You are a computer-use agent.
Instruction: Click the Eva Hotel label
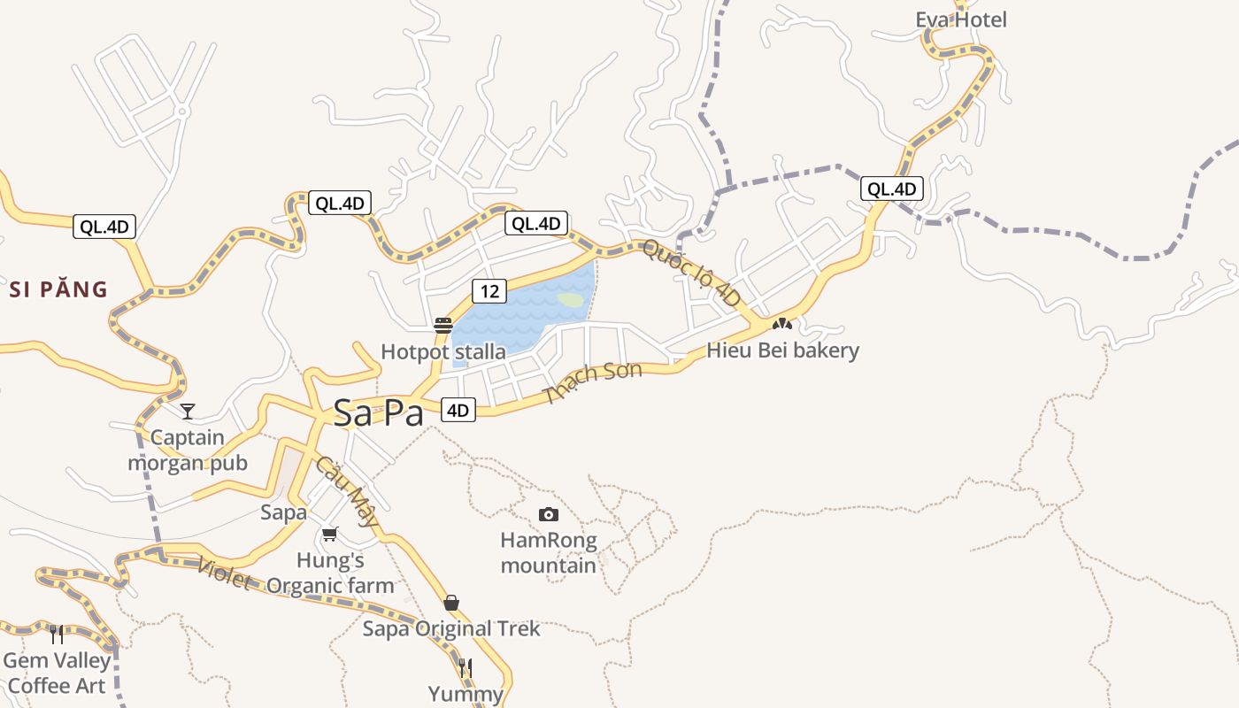(x=960, y=19)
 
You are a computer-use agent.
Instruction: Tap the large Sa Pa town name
(x=379, y=413)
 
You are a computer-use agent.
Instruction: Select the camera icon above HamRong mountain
(x=549, y=514)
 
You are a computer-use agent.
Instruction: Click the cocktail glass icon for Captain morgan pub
(x=188, y=411)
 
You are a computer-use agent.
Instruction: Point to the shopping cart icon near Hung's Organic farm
(x=330, y=534)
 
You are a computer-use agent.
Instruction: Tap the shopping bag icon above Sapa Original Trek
(x=451, y=603)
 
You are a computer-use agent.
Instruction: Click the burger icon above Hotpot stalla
(x=443, y=326)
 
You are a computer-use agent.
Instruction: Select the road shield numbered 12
(x=489, y=290)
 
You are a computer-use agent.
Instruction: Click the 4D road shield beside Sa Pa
(x=458, y=410)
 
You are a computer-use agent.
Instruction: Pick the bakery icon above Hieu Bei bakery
(x=782, y=324)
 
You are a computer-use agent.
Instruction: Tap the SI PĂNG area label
(x=58, y=289)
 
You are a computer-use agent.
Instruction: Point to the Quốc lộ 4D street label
(x=691, y=273)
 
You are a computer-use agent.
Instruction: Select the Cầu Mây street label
(x=347, y=491)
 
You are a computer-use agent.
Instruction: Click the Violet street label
(x=224, y=573)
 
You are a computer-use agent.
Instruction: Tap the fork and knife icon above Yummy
(x=466, y=667)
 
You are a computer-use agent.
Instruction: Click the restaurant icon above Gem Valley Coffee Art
(x=57, y=634)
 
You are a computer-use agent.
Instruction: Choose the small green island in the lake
(x=571, y=300)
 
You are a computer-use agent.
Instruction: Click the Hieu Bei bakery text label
(x=782, y=350)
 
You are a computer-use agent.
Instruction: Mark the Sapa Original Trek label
(x=451, y=629)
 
